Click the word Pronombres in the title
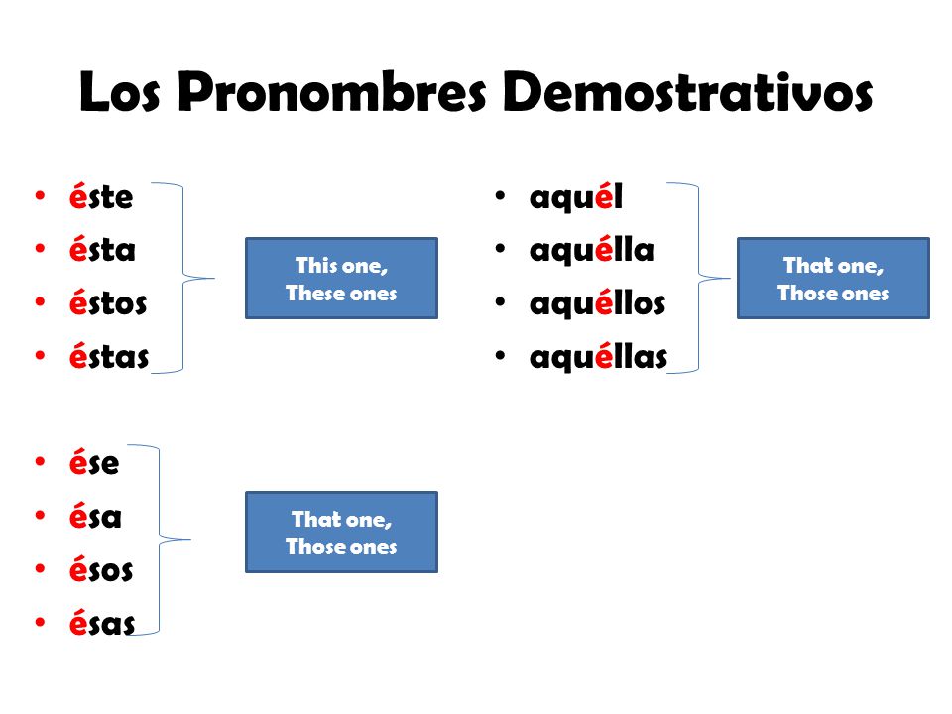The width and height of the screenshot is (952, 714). pyautogui.click(x=334, y=95)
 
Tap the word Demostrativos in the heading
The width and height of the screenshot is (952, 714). pyautogui.click(x=687, y=93)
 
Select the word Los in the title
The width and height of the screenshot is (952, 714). pyautogui.click(x=123, y=93)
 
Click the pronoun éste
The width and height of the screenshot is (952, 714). pyautogui.click(x=101, y=197)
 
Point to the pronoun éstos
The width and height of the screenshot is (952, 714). pyautogui.click(x=108, y=303)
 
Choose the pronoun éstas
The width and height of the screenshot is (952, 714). pyautogui.click(x=109, y=356)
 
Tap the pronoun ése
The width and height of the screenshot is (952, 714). pyautogui.click(x=94, y=463)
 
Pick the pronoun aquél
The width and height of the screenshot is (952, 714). pyautogui.click(x=576, y=197)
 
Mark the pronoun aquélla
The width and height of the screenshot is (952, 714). pyautogui.click(x=592, y=250)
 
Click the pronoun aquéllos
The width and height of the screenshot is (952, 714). pyautogui.click(x=597, y=303)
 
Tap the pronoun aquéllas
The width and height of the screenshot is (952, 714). pyautogui.click(x=598, y=356)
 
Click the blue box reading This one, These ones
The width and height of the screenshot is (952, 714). pyautogui.click(x=341, y=279)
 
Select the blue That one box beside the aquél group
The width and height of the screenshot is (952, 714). pyautogui.click(x=833, y=279)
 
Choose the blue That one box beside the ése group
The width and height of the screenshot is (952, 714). pyautogui.click(x=341, y=533)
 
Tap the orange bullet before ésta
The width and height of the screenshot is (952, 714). pyautogui.click(x=39, y=249)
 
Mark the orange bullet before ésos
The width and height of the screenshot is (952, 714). pyautogui.click(x=39, y=569)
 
